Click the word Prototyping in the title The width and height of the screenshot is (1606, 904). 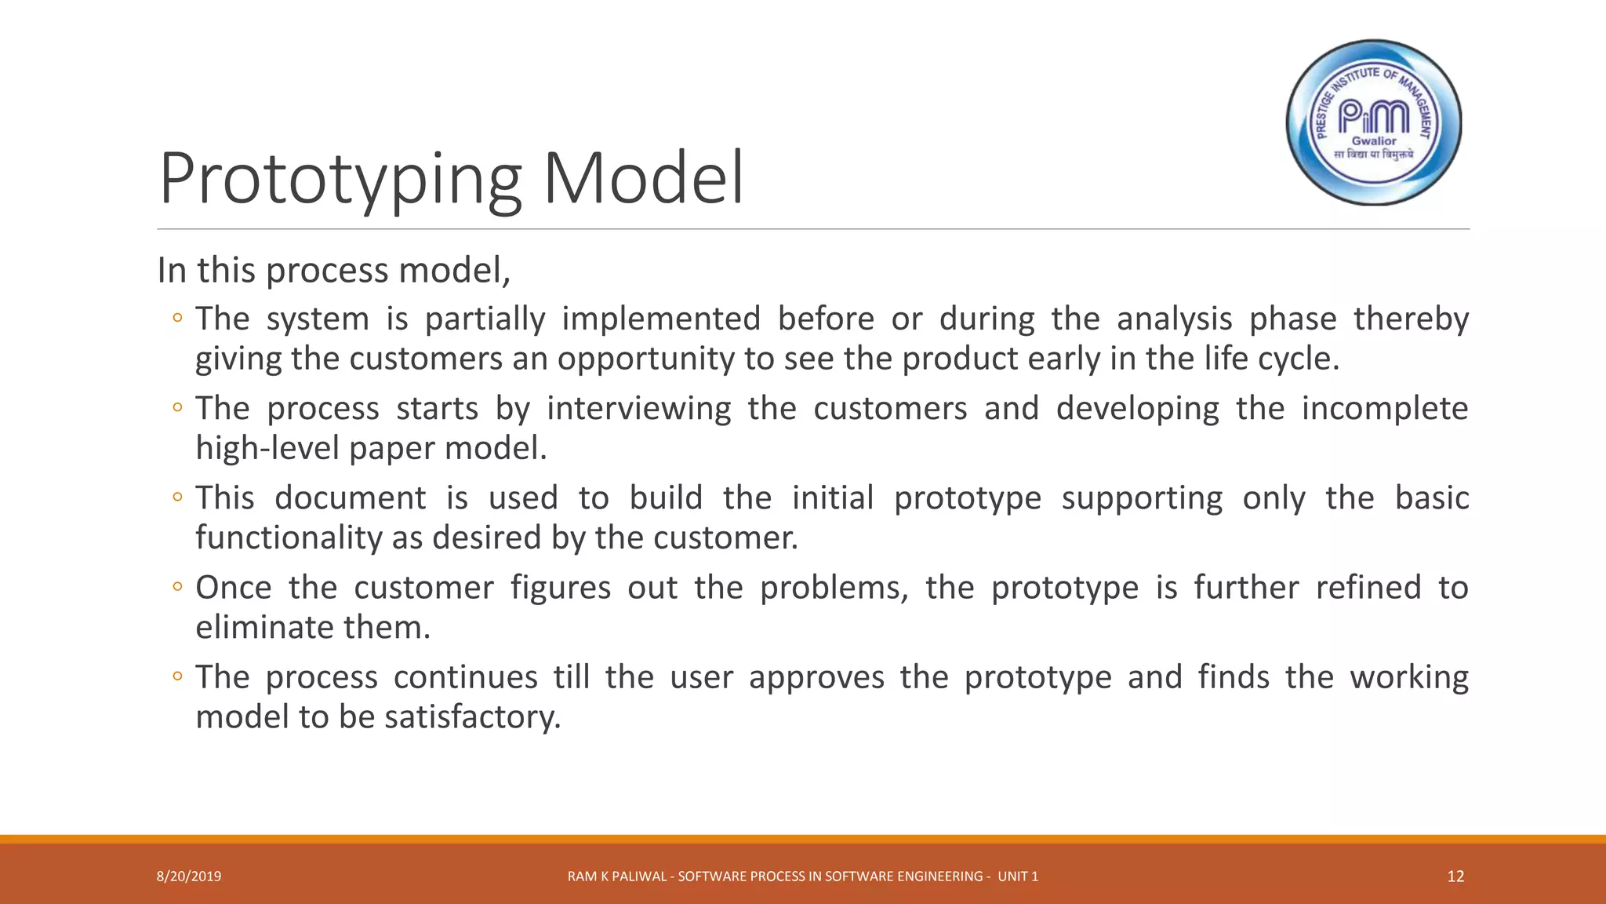tap(340, 179)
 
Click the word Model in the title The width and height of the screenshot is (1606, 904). tap(643, 179)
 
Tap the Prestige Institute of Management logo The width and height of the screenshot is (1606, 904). tap(1374, 123)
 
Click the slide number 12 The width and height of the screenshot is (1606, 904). tap(1455, 877)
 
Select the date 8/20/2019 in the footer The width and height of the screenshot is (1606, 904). tap(189, 877)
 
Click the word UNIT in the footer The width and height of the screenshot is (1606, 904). tap(1012, 877)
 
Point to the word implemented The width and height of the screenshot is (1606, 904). tap(661, 319)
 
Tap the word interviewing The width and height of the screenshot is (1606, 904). tap(638, 409)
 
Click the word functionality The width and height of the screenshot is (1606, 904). tap(289, 538)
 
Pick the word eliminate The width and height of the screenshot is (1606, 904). tap(265, 628)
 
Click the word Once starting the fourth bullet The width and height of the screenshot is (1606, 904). tap(233, 588)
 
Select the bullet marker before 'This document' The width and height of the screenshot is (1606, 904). tap(178, 498)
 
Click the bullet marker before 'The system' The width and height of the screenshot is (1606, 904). tap(178, 319)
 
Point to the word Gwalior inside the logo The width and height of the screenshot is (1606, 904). tap(1374, 141)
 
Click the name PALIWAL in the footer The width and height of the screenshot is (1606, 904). tap(643, 877)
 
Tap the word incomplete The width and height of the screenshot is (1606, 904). tap(1384, 409)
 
